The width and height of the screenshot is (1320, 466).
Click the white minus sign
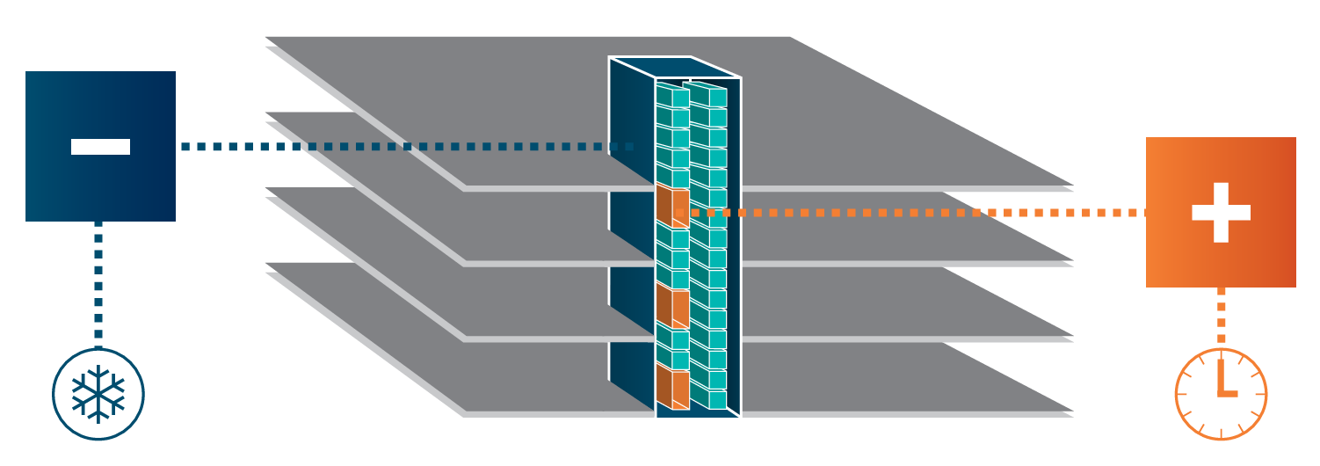(100, 147)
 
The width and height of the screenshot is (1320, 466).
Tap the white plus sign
(1221, 213)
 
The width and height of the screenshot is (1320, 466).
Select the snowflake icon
(98, 394)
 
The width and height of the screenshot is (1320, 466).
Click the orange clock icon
(1221, 394)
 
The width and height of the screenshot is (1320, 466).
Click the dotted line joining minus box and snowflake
(98, 281)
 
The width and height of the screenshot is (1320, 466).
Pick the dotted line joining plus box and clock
(1221, 317)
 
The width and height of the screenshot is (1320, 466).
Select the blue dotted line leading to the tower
(395, 147)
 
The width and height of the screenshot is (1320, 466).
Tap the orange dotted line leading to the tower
(923, 213)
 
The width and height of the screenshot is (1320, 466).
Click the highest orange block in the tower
(672, 204)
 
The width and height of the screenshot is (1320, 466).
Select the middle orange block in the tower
(672, 303)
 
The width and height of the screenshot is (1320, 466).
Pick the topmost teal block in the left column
(672, 97)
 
